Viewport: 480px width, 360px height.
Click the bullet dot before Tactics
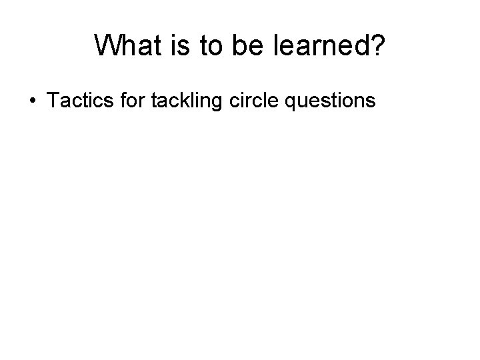click(33, 101)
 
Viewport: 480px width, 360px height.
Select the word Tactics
click(74, 101)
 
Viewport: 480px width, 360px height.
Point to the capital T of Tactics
click(52, 101)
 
